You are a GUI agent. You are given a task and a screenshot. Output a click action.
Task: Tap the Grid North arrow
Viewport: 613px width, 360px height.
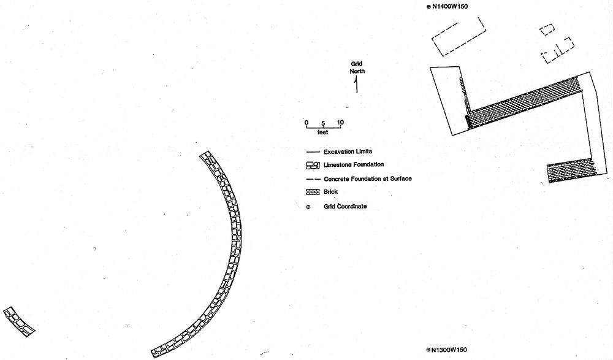[x=357, y=85]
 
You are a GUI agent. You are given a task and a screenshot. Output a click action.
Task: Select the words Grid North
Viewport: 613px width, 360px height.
[x=357, y=67]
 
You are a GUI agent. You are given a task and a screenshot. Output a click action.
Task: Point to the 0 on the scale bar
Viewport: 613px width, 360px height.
[x=306, y=122]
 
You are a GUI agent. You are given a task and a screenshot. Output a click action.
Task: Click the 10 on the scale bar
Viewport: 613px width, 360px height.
[x=341, y=122]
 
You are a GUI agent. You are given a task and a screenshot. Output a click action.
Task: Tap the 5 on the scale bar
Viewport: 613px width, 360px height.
[x=324, y=123]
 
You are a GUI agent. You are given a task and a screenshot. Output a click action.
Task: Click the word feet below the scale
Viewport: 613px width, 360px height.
[x=323, y=132]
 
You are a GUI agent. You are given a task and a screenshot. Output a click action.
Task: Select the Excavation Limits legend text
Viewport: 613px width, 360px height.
[x=348, y=151]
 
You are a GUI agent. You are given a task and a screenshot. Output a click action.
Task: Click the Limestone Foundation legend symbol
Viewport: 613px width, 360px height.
[x=313, y=165]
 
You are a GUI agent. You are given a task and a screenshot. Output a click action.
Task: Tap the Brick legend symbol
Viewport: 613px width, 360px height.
[x=313, y=192]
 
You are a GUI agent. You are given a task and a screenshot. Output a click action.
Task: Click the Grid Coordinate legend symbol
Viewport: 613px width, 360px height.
[x=308, y=207]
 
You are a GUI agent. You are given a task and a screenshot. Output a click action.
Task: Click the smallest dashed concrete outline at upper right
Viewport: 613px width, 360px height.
[x=547, y=29]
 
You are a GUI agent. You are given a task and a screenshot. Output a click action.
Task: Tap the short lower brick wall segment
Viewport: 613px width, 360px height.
[x=571, y=172]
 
